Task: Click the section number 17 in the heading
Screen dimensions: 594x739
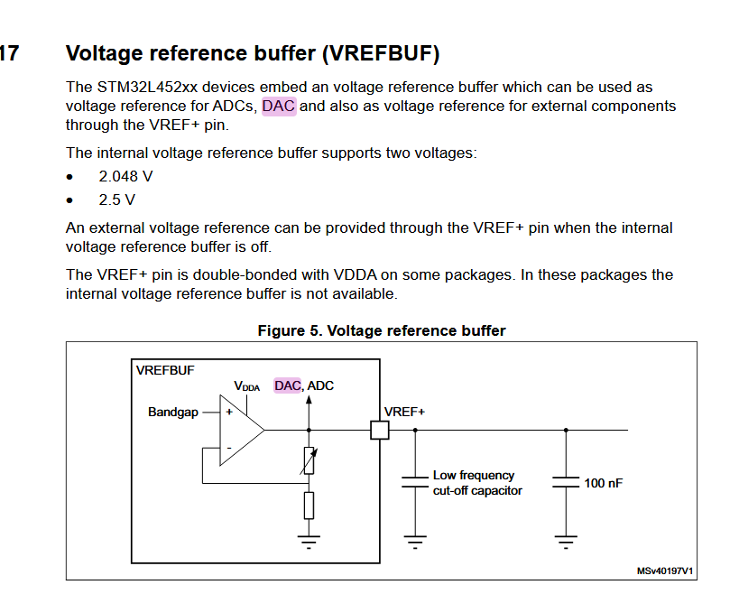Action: click(x=8, y=54)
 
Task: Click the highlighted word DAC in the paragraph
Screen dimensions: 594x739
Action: click(x=279, y=107)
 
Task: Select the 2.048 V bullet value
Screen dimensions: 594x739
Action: click(x=125, y=176)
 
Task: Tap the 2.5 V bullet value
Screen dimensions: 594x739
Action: click(x=117, y=200)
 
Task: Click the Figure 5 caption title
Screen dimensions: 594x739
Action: click(x=381, y=330)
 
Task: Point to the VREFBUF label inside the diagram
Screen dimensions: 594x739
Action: click(x=164, y=370)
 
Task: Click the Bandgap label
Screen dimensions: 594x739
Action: click(x=172, y=413)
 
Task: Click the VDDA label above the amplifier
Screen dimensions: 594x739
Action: click(x=246, y=386)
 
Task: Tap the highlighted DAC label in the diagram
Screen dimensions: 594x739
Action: click(x=288, y=385)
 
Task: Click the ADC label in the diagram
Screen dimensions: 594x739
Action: click(x=320, y=385)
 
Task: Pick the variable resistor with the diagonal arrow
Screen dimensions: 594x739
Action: click(x=309, y=461)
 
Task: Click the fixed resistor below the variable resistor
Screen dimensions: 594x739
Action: click(x=309, y=506)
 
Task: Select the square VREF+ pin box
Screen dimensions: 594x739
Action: click(x=380, y=430)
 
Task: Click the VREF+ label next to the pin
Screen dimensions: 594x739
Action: click(x=404, y=412)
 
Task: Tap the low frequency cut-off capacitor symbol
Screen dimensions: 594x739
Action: click(x=415, y=482)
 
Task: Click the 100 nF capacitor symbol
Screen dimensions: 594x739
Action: click(x=566, y=482)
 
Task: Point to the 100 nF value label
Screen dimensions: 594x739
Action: click(x=604, y=483)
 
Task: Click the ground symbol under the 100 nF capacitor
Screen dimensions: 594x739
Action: click(x=566, y=543)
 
